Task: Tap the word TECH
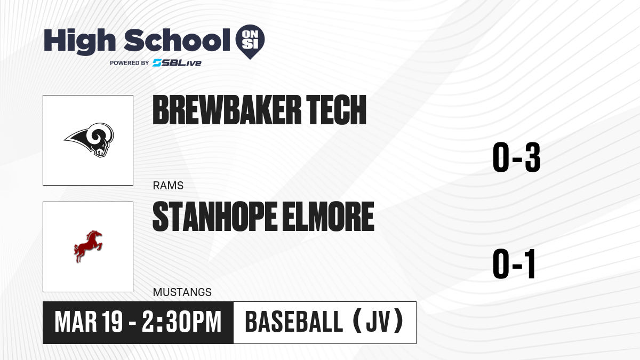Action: click(336, 110)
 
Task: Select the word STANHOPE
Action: click(214, 217)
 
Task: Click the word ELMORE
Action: click(328, 217)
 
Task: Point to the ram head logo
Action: click(89, 140)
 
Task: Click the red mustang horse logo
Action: click(88, 246)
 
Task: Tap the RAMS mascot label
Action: click(168, 186)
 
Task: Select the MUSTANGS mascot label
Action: click(182, 292)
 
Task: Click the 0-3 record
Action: click(517, 157)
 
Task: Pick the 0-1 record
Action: click(514, 264)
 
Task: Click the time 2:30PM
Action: click(181, 322)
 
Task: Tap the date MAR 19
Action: click(89, 322)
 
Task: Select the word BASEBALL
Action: click(294, 322)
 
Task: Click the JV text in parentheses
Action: click(378, 322)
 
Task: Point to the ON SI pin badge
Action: click(250, 42)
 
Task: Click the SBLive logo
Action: click(177, 63)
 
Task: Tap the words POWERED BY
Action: click(130, 63)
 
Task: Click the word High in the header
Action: click(79, 42)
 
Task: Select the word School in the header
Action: click(177, 40)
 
